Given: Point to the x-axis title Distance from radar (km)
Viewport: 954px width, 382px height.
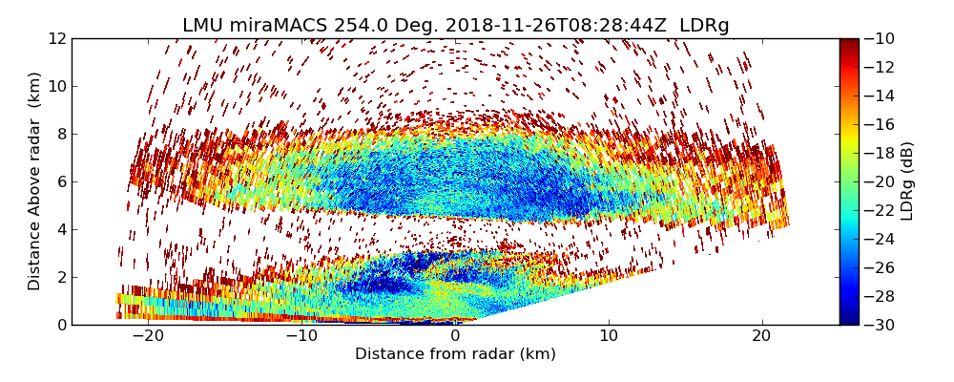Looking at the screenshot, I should tap(455, 354).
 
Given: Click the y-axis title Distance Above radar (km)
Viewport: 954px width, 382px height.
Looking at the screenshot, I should tap(35, 181).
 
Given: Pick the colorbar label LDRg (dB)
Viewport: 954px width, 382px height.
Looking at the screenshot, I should tap(907, 181).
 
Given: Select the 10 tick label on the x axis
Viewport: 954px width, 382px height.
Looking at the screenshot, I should tap(609, 336).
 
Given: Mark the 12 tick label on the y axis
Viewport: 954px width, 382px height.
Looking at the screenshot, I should tap(57, 39).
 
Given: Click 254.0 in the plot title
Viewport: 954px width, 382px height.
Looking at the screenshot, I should tap(361, 26).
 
